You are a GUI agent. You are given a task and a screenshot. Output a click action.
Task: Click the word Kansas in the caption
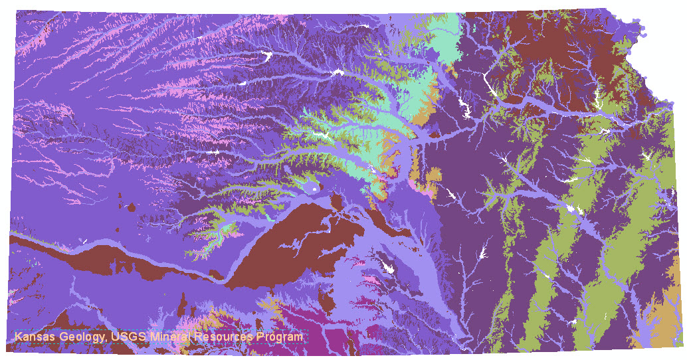(x=35, y=337)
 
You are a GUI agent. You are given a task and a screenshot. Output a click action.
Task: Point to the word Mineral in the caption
(x=171, y=337)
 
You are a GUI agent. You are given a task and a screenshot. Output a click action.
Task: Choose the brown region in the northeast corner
(x=571, y=46)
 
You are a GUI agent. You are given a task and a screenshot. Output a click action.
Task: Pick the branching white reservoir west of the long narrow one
(x=464, y=106)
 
